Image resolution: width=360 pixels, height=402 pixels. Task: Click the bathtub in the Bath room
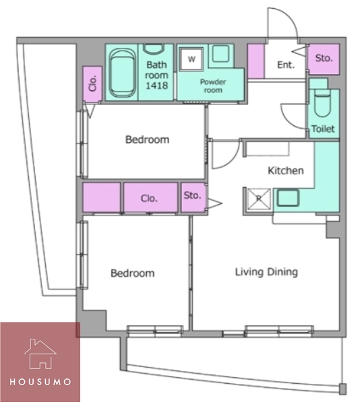[x=122, y=73]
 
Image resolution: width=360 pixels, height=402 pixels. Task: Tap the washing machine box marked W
[x=191, y=59]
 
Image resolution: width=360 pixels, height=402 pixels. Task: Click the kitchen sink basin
[x=288, y=198]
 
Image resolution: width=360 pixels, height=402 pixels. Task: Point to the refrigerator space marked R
[x=259, y=199]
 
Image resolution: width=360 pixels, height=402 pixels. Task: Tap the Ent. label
[x=286, y=65]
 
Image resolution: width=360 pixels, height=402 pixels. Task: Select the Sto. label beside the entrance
[x=324, y=58]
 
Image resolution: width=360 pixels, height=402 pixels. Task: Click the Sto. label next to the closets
[x=192, y=196]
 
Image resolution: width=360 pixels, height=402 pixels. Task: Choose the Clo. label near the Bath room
[x=92, y=83]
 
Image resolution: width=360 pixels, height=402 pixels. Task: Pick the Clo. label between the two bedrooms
[x=149, y=199]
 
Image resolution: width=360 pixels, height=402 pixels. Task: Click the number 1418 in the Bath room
[x=157, y=86]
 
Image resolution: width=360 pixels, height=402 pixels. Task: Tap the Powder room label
[x=213, y=86]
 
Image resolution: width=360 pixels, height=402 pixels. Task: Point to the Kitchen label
[x=286, y=170]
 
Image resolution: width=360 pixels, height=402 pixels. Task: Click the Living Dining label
[x=266, y=272]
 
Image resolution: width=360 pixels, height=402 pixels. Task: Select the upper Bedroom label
[x=147, y=140]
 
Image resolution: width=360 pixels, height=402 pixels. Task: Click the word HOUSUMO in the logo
[x=40, y=382]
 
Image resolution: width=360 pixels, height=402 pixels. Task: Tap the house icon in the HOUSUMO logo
[x=40, y=354]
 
